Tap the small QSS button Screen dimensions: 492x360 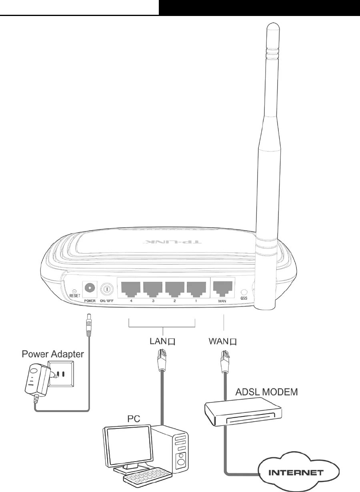point(243,292)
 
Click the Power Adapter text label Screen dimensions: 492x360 point(53,354)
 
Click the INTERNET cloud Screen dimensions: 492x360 point(295,472)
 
